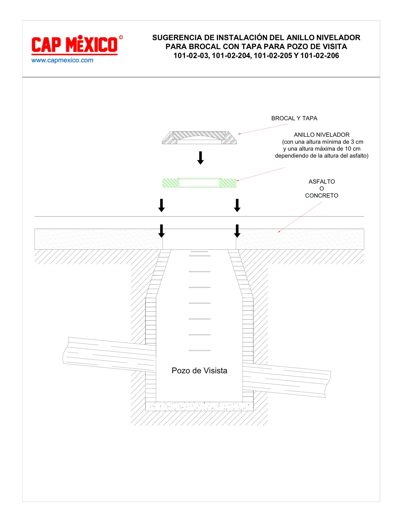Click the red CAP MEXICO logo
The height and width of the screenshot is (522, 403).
tap(75, 45)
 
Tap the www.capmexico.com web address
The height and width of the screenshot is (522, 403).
tap(62, 60)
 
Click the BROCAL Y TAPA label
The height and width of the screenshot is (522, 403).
tap(294, 118)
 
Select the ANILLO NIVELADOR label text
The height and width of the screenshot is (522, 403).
tap(322, 134)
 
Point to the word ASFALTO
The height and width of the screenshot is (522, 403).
tap(322, 181)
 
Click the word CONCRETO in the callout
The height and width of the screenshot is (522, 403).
tap(322, 195)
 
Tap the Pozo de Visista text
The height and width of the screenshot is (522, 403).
tap(199, 371)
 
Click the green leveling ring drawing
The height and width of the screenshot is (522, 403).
tap(199, 182)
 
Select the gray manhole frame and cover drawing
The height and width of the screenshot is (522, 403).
tap(199, 138)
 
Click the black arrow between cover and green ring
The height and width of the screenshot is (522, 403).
tap(200, 158)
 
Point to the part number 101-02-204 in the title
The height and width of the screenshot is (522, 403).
tap(231, 56)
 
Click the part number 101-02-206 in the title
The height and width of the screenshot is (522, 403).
tap(320, 56)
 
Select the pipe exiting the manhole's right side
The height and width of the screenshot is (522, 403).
tap(287, 380)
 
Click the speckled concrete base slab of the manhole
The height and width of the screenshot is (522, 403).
tap(199, 406)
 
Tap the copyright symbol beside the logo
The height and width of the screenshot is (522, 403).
tap(121, 37)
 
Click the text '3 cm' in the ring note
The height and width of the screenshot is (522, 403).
tap(357, 142)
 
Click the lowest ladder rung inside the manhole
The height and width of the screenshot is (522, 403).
tap(200, 351)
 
